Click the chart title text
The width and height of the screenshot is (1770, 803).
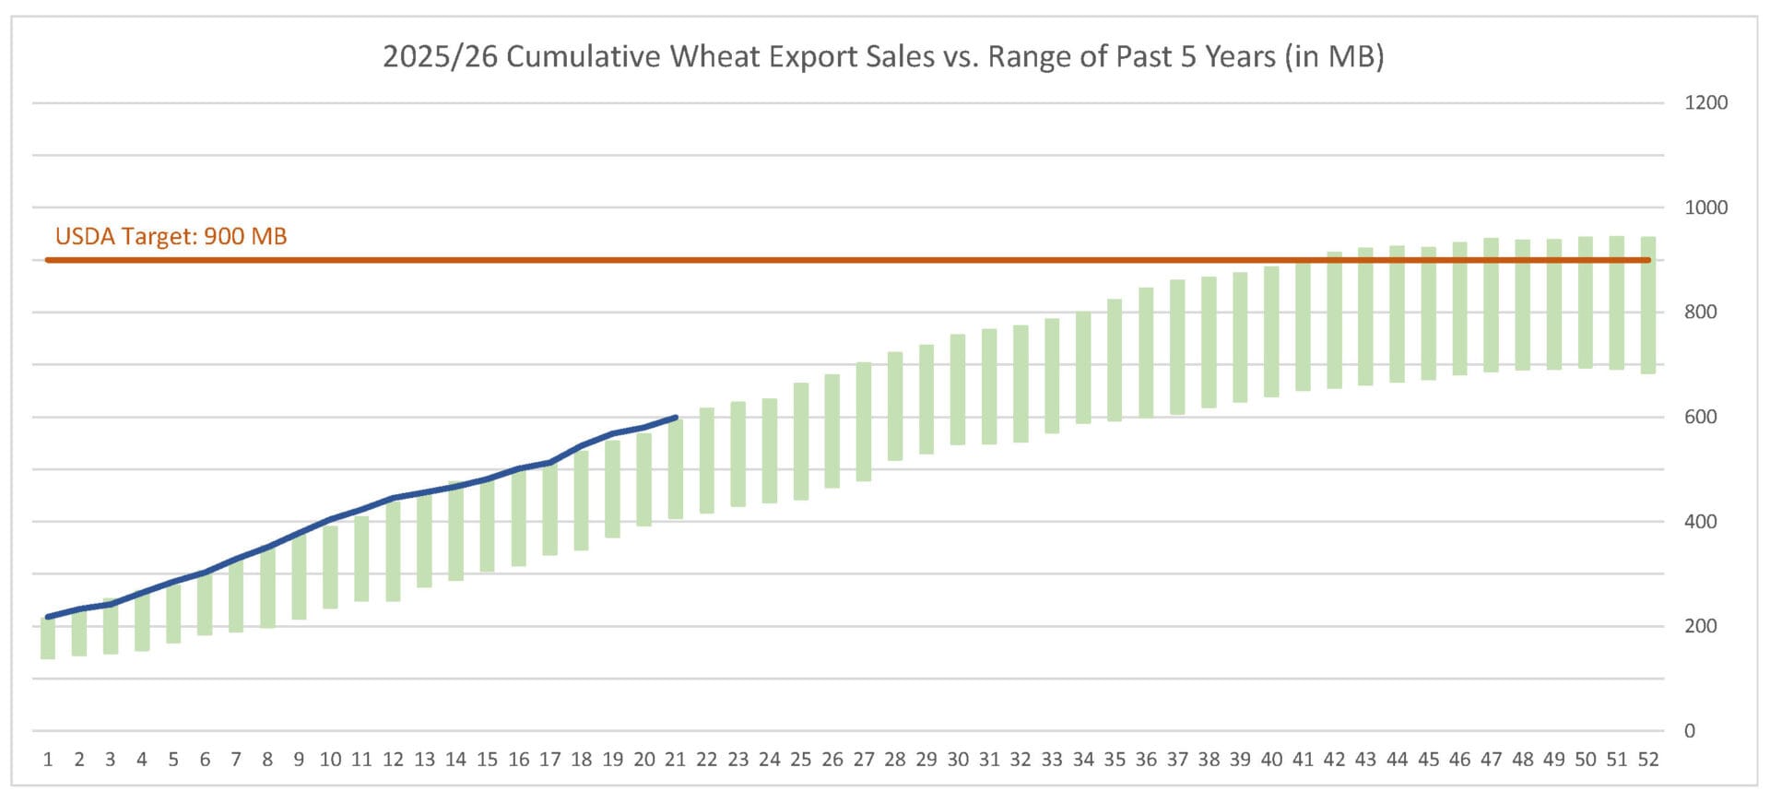[882, 57]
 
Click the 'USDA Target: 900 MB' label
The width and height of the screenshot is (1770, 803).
[171, 237]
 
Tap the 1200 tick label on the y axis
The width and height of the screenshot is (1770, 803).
[1705, 103]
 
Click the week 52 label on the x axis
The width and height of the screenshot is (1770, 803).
[1648, 760]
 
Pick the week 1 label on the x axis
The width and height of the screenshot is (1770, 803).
[48, 760]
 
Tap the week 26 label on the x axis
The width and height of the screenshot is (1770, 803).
[832, 760]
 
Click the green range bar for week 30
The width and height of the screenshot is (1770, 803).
[958, 390]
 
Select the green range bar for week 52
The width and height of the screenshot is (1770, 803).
[1648, 305]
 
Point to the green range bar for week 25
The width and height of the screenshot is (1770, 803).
[801, 442]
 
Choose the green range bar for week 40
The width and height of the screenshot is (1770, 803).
[1271, 332]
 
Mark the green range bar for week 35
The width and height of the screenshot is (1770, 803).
[1115, 360]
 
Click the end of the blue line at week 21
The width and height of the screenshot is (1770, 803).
[677, 418]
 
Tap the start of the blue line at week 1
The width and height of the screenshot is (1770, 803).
[48, 617]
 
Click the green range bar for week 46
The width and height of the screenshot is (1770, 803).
[1459, 309]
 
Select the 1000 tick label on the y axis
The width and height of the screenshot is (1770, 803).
[1705, 207]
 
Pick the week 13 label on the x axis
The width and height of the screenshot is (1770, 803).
[424, 760]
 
